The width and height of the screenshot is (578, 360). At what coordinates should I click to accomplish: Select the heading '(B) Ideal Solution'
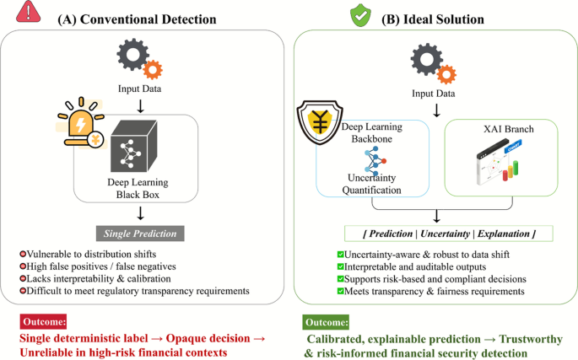point(427,19)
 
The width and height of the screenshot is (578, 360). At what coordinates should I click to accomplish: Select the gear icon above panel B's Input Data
point(431,64)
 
